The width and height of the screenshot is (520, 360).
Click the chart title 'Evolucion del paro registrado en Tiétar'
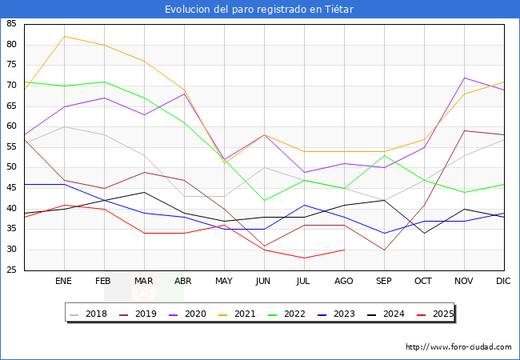(259, 10)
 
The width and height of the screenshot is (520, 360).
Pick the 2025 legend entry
(438, 314)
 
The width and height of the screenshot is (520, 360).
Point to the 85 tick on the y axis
(12, 24)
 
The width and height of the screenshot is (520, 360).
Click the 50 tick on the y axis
(12, 167)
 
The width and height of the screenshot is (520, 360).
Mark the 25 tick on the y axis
(12, 270)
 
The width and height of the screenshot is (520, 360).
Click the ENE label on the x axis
(64, 282)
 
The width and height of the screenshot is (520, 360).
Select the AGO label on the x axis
(344, 282)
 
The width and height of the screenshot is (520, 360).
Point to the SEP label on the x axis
(384, 282)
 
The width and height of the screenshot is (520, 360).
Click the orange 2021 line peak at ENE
(64, 36)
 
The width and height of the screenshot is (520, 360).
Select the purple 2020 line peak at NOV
(464, 78)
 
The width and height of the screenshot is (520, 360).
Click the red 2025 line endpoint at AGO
(344, 250)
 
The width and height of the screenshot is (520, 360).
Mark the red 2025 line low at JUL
(304, 258)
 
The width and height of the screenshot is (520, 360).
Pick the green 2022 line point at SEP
(384, 155)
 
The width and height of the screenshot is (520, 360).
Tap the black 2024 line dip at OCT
(424, 233)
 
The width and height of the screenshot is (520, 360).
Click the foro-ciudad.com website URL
(458, 347)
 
